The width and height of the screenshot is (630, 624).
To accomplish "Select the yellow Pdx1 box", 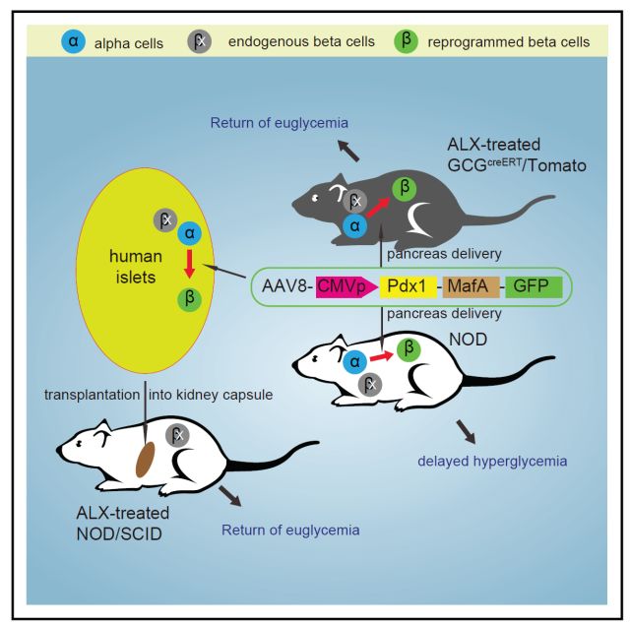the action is pos(409,286).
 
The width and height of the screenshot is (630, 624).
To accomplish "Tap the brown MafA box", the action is pos(471,286).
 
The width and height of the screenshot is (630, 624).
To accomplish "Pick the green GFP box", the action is pos(534,286).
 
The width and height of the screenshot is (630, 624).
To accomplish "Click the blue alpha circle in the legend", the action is pos(73,41).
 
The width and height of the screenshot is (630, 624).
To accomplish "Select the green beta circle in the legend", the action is pos(406,41).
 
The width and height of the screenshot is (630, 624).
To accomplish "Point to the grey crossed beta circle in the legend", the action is pos(200,41).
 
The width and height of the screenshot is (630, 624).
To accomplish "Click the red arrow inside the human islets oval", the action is pos(190,264).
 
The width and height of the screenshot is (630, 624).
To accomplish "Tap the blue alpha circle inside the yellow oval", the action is pos(190,233).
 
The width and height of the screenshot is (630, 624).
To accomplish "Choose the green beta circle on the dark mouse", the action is pos(405,188).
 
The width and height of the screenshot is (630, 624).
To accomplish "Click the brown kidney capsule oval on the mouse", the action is pos(145,460).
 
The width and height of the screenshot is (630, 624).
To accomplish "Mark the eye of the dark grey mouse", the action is pos(315,198).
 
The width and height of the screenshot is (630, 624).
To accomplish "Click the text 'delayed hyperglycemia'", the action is pos(492,462).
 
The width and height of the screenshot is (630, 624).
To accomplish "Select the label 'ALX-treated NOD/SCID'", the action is pos(122,524).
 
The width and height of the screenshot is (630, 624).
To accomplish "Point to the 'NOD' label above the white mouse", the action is pos(469,340).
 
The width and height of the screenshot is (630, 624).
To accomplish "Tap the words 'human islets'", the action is pos(136,267).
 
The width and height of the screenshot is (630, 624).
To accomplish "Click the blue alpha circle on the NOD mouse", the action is pos(354,361).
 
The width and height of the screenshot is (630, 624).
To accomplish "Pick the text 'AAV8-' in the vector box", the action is pos(287,286).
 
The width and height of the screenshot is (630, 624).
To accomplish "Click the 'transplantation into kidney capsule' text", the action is pos(158,395).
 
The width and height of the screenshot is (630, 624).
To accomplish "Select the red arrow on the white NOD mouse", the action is pos(381,356).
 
